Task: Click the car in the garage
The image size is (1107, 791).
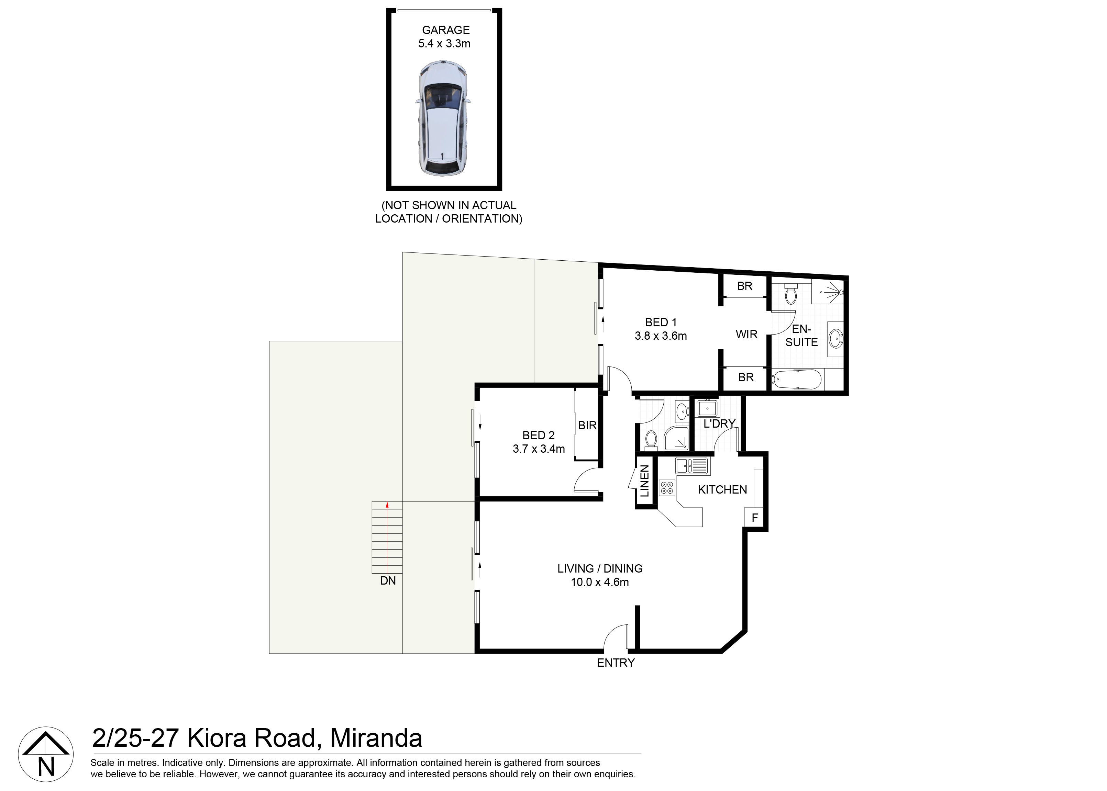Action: point(442,118)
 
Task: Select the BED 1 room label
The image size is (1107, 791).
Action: point(660,323)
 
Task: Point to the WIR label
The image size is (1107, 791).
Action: point(746,335)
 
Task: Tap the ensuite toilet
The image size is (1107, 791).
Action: point(791,295)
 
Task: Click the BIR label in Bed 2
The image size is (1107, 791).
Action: point(587,425)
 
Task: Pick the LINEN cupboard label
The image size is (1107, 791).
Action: point(644,481)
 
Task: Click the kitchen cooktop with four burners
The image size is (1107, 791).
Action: point(666,488)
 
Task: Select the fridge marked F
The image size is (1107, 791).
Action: point(755,518)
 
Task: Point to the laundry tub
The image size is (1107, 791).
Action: point(707,407)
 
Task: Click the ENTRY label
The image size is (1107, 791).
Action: point(616,663)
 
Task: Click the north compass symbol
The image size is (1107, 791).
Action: point(46,755)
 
